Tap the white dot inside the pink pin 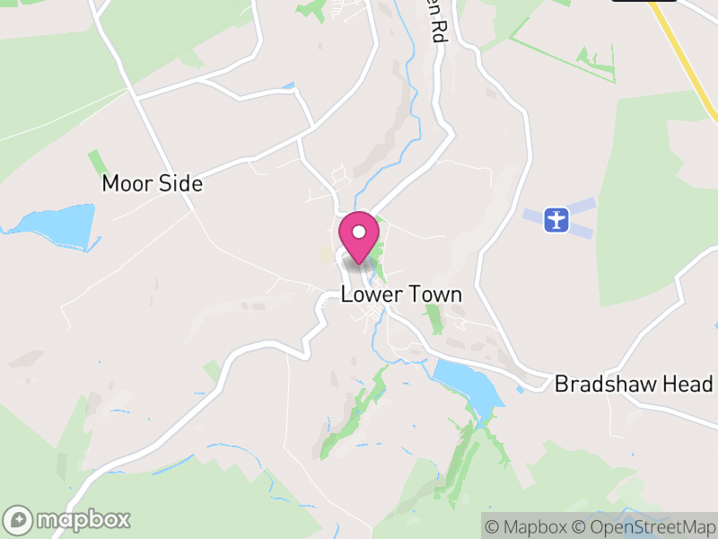[x=359, y=232]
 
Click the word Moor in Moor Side [x=124, y=184]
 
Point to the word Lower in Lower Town [x=368, y=295]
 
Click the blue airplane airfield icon [x=557, y=219]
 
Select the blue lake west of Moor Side [x=58, y=226]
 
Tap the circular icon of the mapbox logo [x=19, y=519]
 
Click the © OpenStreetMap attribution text [x=644, y=526]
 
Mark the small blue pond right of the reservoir [x=520, y=388]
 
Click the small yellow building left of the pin [x=325, y=257]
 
